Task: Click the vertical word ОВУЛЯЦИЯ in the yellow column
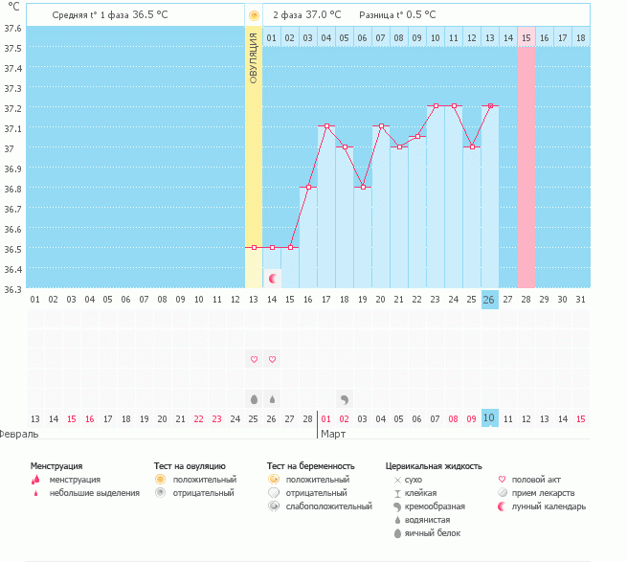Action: (x=254, y=57)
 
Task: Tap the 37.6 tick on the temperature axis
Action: (x=12, y=28)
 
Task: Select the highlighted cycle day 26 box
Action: (x=489, y=300)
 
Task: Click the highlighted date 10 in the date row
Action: (x=489, y=418)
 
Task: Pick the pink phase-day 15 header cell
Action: (x=526, y=37)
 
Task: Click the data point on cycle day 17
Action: (x=326, y=126)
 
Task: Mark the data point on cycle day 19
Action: (x=363, y=187)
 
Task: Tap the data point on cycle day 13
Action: (x=254, y=248)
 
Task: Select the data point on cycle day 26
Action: (x=489, y=106)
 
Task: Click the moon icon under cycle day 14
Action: (x=273, y=278)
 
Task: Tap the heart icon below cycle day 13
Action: (x=254, y=359)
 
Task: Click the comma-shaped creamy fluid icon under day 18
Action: (x=345, y=397)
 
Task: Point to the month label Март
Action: (x=333, y=434)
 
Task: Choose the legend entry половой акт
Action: (x=535, y=479)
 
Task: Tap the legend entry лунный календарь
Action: (x=549, y=506)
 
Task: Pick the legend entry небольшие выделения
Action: (x=94, y=493)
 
